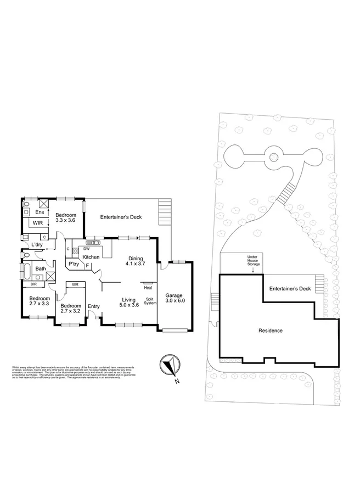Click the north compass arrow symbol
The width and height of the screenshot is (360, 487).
[x=168, y=365]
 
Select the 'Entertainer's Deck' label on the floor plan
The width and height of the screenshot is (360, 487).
[x=121, y=217]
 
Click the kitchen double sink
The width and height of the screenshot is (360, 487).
[x=92, y=242]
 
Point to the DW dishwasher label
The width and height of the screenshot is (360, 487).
[x=87, y=249]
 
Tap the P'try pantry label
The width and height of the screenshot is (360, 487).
[x=73, y=264]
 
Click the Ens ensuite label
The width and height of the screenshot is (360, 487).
[x=39, y=212]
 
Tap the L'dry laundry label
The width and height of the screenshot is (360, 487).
[x=37, y=244]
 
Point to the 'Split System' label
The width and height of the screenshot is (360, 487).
[x=150, y=301]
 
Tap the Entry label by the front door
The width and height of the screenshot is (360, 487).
[x=94, y=306]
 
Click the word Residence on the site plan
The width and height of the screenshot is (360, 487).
[x=271, y=331]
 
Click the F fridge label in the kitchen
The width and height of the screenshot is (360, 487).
[x=87, y=266]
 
